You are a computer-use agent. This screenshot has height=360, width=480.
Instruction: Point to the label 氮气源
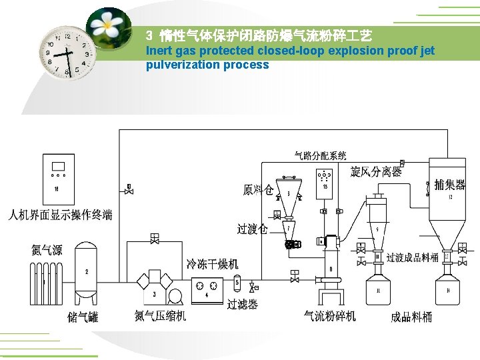point(47,250)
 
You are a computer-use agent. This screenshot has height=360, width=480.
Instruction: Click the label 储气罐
point(83,317)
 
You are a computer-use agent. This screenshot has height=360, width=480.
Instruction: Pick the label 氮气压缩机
point(160,315)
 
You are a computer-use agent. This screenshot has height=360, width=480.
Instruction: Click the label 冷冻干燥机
point(212,264)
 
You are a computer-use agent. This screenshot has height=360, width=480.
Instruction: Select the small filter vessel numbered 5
point(237,283)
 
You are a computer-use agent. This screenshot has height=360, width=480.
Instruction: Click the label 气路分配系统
point(320,155)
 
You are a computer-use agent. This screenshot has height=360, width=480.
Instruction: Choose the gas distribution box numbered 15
point(325,181)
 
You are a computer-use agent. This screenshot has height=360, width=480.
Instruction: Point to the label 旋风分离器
point(376,171)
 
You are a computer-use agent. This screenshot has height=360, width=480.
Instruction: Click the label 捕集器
point(449,184)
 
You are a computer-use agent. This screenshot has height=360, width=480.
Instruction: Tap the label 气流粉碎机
point(330,315)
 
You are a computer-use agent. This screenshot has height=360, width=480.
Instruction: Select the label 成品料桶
point(411,317)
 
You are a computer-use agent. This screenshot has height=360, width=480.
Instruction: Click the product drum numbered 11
point(379,291)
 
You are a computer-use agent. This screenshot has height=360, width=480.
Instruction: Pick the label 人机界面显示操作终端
point(60,215)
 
